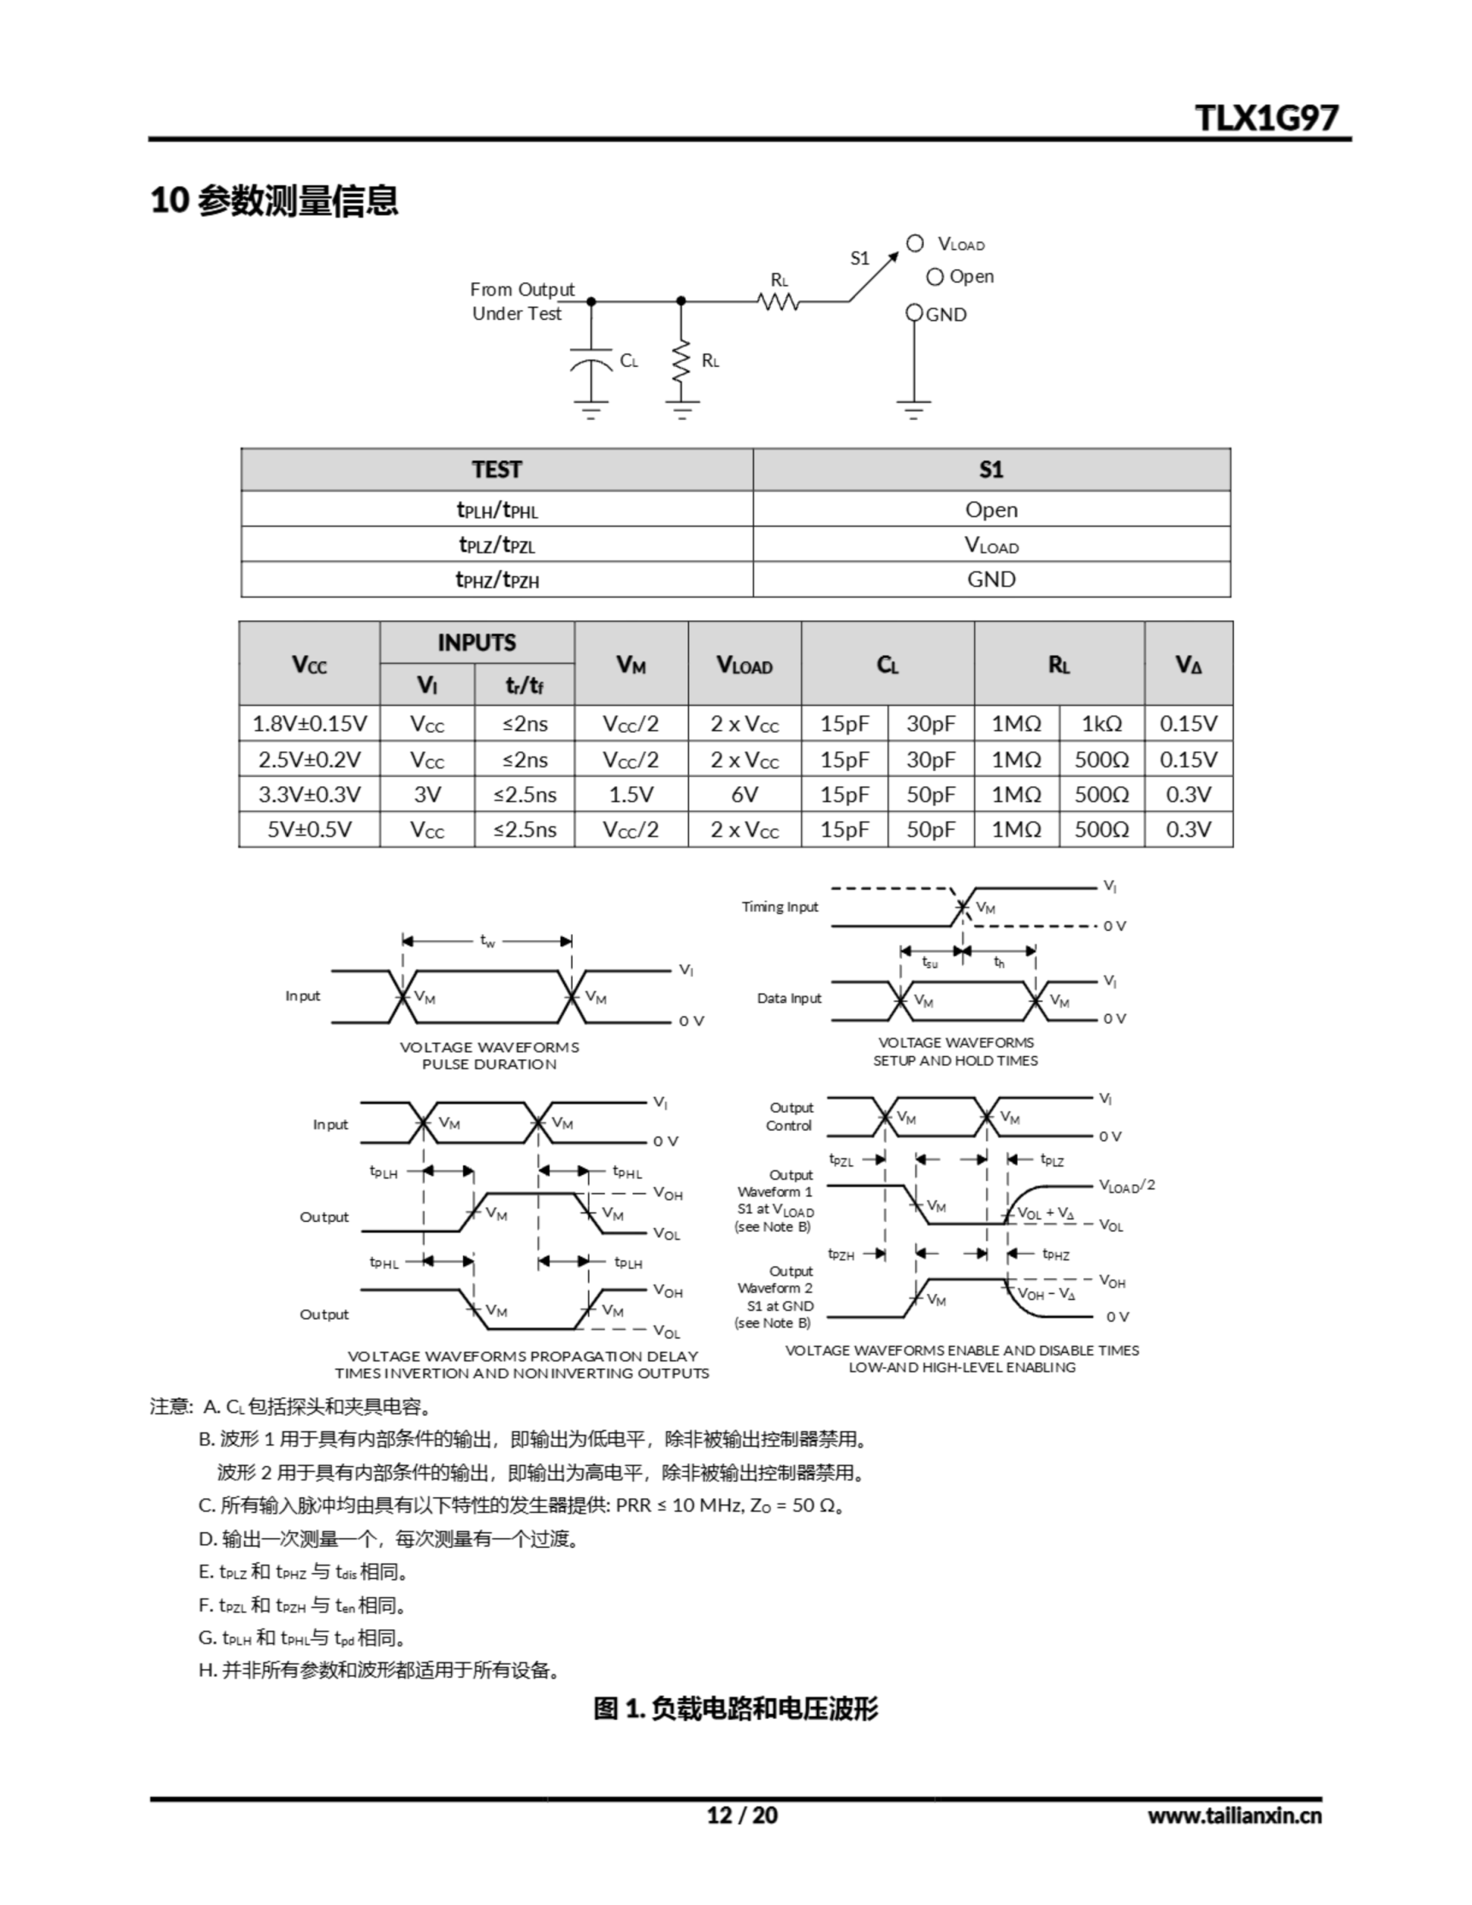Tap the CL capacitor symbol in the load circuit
591,360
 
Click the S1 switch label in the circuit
860,258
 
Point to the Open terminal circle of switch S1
935,278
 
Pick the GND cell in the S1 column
991,579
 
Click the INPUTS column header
476,643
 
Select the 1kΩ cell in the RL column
1101,724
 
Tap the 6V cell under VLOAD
744,795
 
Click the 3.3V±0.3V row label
309,795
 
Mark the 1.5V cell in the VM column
631,795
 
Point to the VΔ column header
1188,665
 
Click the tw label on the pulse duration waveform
487,941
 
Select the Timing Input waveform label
779,907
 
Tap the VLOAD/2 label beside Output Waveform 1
1127,1185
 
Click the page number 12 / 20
742,1815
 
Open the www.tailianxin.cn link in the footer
1234,1815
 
